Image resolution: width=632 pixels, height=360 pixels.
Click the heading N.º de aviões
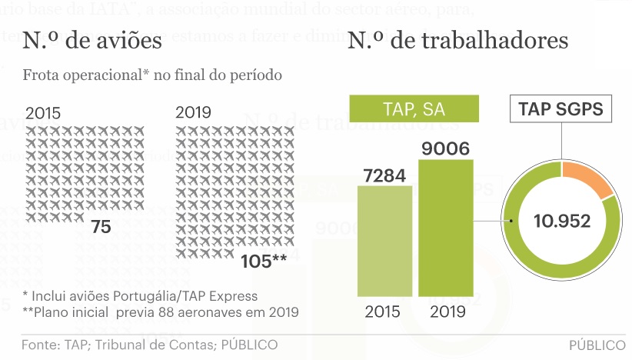92,41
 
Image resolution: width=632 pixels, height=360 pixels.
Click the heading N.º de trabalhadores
458,41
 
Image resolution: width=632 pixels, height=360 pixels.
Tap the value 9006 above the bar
447,147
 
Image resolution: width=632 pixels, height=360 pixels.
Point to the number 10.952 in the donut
562,222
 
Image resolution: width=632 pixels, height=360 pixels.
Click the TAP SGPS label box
562,109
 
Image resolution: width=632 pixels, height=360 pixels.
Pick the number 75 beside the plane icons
101,227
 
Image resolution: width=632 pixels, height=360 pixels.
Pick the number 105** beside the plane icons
264,261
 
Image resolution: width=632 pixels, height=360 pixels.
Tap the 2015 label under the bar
384,312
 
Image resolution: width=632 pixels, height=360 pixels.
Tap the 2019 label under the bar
447,312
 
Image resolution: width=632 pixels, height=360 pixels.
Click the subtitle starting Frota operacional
152,75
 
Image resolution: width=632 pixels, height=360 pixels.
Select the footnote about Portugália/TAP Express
140,296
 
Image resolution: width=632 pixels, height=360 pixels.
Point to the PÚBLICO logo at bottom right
597,345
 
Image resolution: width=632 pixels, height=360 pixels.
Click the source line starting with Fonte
149,345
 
